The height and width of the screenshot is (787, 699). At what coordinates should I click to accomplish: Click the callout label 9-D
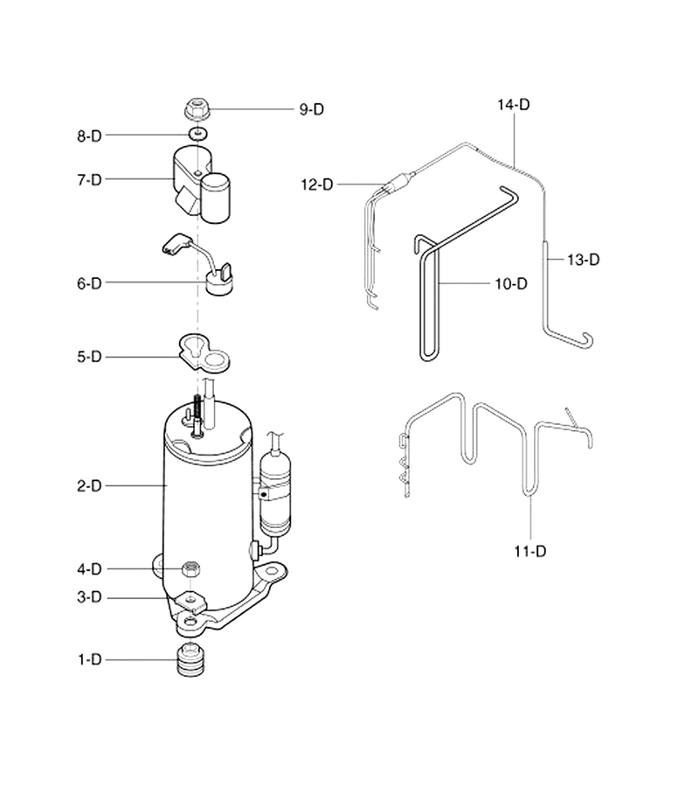point(311,109)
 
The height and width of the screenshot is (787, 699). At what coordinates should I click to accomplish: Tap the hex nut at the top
point(197,110)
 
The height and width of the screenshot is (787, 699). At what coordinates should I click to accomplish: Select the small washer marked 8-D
point(199,134)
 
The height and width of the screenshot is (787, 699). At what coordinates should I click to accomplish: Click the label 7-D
point(89,179)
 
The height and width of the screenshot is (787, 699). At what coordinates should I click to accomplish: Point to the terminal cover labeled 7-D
point(202,185)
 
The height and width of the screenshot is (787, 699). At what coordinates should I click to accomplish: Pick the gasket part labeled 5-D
point(204,353)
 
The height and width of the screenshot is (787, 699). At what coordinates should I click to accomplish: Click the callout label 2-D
point(89,486)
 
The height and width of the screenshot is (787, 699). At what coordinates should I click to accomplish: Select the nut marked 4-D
point(191,569)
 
